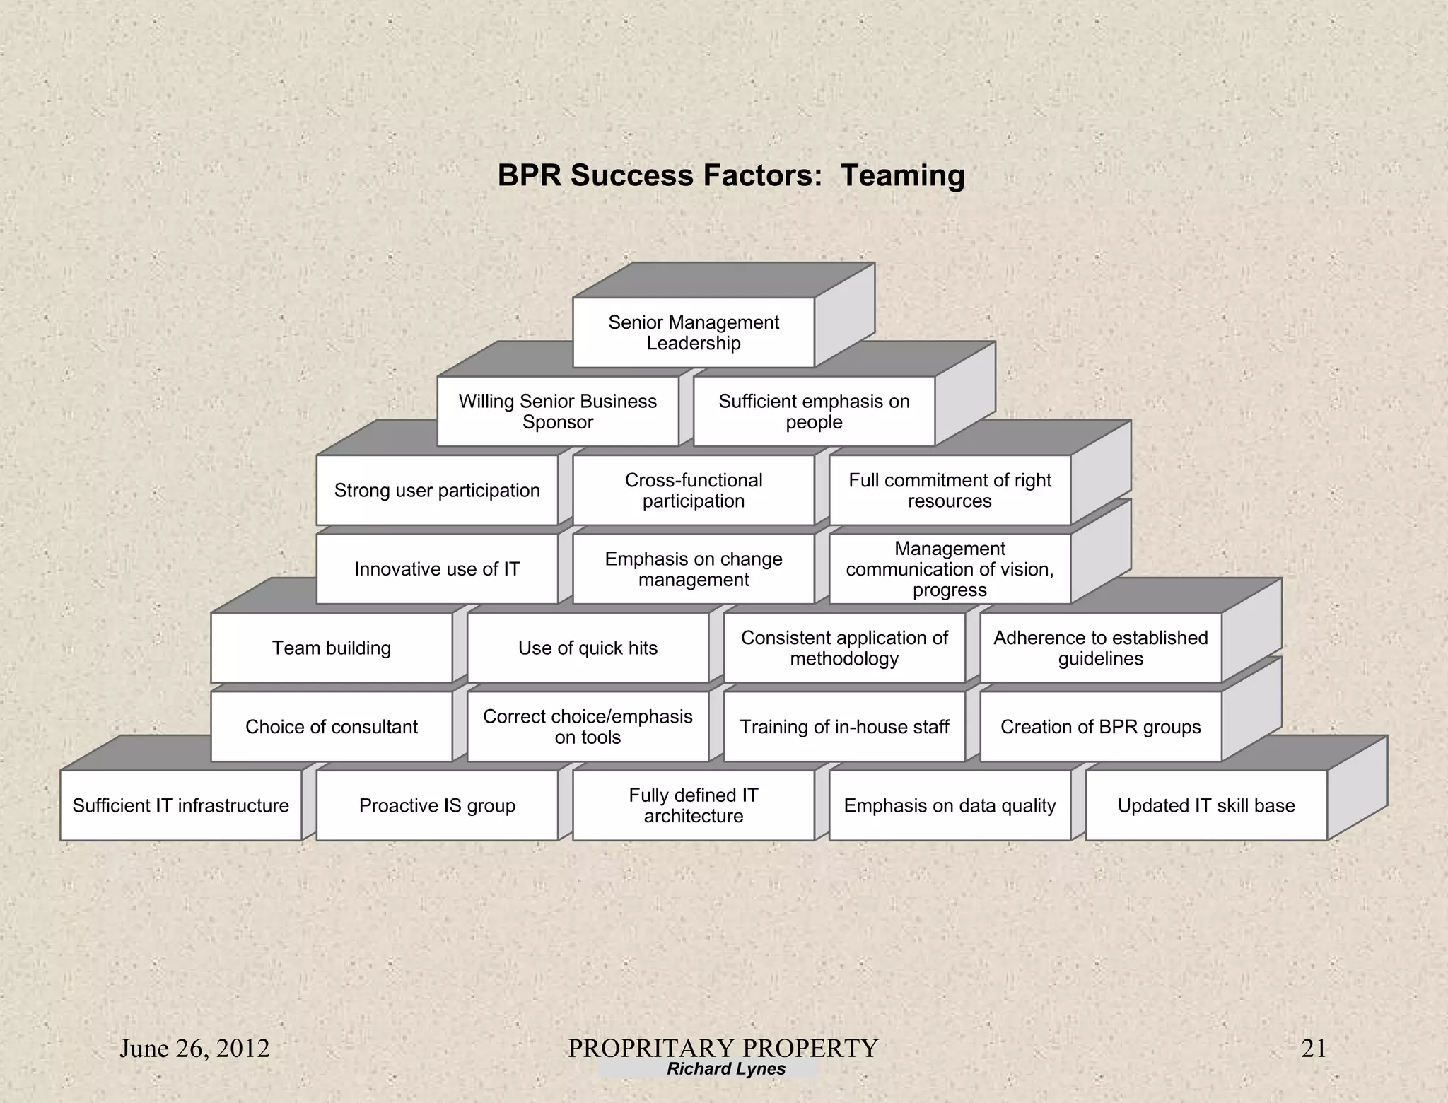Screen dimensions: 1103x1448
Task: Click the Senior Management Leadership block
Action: pos(694,332)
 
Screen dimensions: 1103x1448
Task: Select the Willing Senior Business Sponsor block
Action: pos(558,412)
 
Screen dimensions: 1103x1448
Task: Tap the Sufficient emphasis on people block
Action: pos(814,412)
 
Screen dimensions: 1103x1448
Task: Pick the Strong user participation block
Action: pos(437,490)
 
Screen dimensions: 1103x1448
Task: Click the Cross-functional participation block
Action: pos(694,490)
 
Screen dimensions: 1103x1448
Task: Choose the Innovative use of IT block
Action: pos(437,569)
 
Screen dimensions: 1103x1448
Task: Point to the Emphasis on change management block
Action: pos(694,569)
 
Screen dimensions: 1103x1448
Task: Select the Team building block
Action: pos(332,648)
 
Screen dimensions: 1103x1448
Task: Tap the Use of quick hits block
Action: pos(588,648)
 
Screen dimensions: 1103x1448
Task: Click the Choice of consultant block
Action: pos(332,727)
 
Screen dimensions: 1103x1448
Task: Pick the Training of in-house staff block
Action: pos(844,727)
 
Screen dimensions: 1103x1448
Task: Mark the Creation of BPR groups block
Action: pos(1100,727)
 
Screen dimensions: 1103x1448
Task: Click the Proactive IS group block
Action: pos(437,805)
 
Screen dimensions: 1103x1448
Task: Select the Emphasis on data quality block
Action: pos(950,805)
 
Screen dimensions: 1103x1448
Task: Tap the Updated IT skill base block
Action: pos(1206,805)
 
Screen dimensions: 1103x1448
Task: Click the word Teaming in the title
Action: pos(902,176)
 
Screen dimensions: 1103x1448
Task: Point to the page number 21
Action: pos(1314,1049)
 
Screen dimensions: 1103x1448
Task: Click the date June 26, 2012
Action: pos(194,1049)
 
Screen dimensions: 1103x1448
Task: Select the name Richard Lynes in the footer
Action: pos(726,1069)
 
